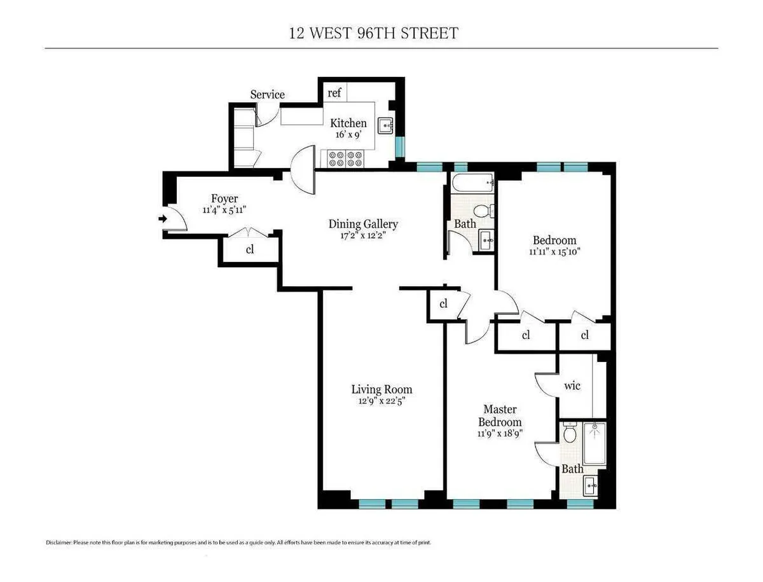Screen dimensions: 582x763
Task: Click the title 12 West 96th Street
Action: point(373,33)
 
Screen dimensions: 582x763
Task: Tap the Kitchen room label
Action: point(348,123)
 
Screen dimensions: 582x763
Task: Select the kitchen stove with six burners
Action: point(345,158)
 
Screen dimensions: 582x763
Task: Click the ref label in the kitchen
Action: point(334,93)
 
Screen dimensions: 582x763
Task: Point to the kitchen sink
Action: point(386,126)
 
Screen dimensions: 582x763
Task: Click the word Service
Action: point(267,95)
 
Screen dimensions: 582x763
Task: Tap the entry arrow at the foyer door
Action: point(162,219)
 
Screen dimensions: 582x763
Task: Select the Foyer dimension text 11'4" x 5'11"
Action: point(224,210)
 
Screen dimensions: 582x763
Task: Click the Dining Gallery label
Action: point(363,224)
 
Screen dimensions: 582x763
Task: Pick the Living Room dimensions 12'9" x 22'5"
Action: point(381,401)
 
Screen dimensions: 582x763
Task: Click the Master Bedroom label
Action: point(500,415)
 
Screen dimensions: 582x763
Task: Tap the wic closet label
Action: point(572,386)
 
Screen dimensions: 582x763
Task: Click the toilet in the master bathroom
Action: point(570,434)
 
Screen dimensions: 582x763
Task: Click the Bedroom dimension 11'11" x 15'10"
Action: point(554,251)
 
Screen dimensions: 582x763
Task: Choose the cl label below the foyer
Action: point(250,250)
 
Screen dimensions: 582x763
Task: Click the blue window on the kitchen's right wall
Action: point(399,147)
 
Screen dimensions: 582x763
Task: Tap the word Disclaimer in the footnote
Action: point(59,543)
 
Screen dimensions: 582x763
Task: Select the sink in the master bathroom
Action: point(591,487)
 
